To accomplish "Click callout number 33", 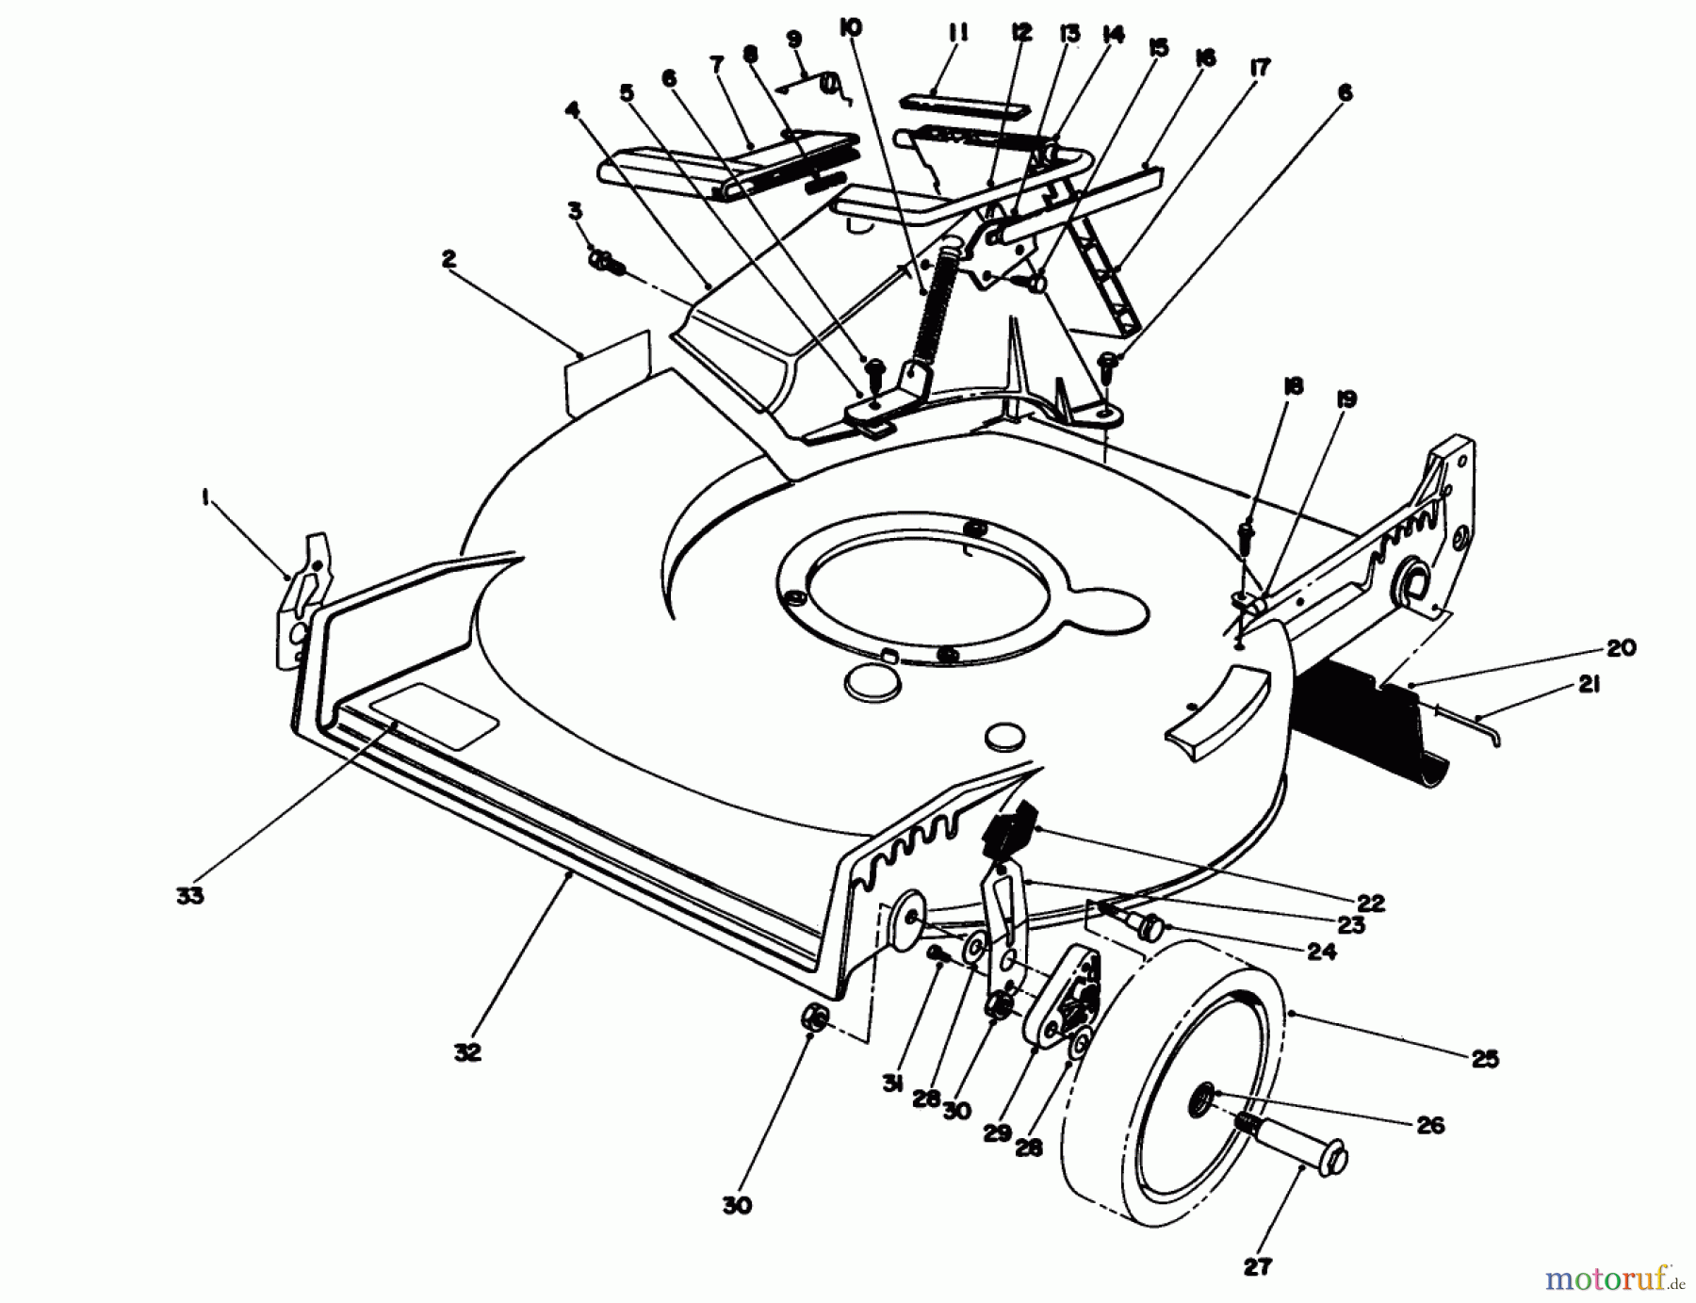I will (189, 896).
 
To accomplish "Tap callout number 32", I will (467, 1053).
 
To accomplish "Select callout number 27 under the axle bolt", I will (1257, 1268).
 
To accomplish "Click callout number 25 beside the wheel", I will (1485, 1059).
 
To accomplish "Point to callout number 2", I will (449, 259).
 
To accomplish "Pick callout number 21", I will (1589, 686).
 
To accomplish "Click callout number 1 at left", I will (205, 500).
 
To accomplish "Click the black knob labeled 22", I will (1007, 829).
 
